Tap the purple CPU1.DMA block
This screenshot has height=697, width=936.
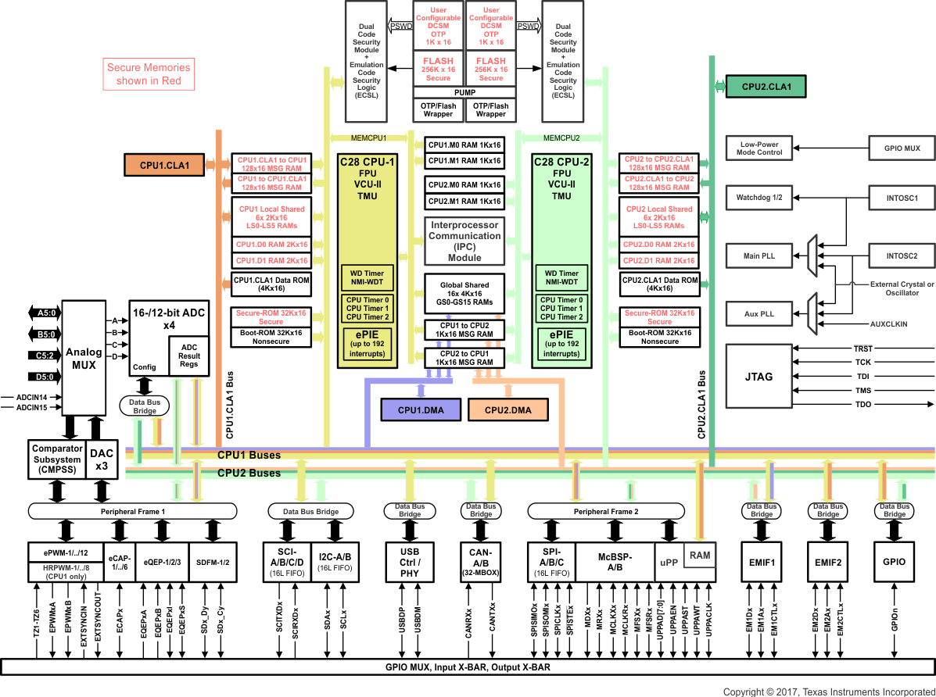pyautogui.click(x=421, y=410)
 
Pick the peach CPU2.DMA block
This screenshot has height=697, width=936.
pyautogui.click(x=508, y=410)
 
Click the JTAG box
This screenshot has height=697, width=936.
pyautogui.click(x=758, y=376)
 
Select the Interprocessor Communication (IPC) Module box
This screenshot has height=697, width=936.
pyautogui.click(x=464, y=241)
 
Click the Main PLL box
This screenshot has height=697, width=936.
pyautogui.click(x=758, y=256)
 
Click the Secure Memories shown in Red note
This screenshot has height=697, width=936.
pyautogui.click(x=149, y=74)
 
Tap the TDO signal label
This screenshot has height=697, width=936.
pyautogui.click(x=862, y=404)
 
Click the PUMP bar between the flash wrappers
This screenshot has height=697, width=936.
pyautogui.click(x=464, y=92)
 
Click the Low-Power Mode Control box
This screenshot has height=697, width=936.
pyautogui.click(x=758, y=148)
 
